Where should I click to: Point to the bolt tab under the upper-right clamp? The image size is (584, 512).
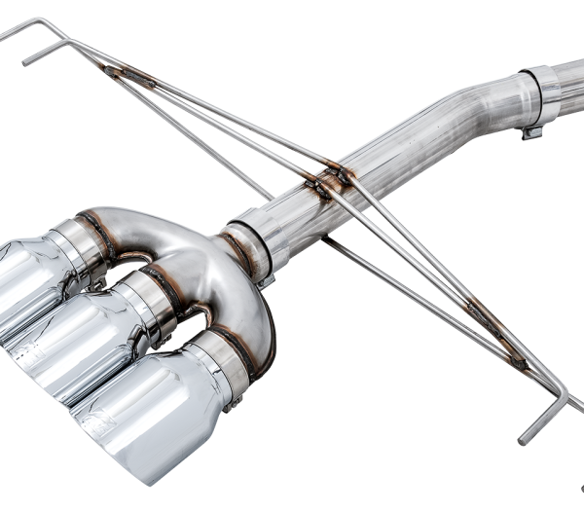(531, 131)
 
